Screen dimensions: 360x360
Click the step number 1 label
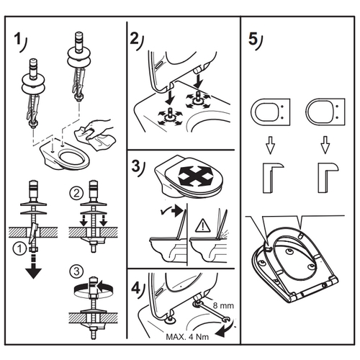point(20,42)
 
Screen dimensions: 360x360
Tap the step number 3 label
point(138,168)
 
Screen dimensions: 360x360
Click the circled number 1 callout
point(19,249)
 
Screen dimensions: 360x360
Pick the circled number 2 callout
point(76,193)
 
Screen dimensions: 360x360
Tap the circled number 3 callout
point(76,271)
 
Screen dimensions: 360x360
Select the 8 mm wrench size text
point(223,305)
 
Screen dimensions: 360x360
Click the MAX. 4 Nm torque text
point(187,337)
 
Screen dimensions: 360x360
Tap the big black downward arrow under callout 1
point(33,268)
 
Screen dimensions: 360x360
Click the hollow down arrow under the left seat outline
point(270,145)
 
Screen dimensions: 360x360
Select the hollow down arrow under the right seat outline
point(325,145)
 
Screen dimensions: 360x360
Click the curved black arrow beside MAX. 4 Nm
point(225,330)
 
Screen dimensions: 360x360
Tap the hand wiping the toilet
point(99,127)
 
